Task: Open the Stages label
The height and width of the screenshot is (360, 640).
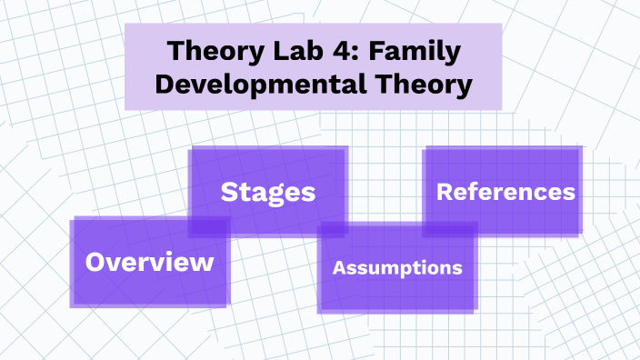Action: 268,192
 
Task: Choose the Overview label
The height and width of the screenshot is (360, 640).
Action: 149,263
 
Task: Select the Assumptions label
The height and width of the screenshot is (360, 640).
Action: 397,268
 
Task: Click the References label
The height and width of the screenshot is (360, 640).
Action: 505,192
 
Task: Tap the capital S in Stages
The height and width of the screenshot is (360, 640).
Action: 230,192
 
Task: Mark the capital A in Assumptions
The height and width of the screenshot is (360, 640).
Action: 339,268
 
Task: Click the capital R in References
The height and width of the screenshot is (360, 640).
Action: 445,192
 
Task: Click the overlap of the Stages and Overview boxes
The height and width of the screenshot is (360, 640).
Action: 208,226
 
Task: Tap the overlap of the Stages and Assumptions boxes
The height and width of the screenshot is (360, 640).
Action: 332,229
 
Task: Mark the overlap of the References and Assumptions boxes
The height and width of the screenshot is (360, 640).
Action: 450,229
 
